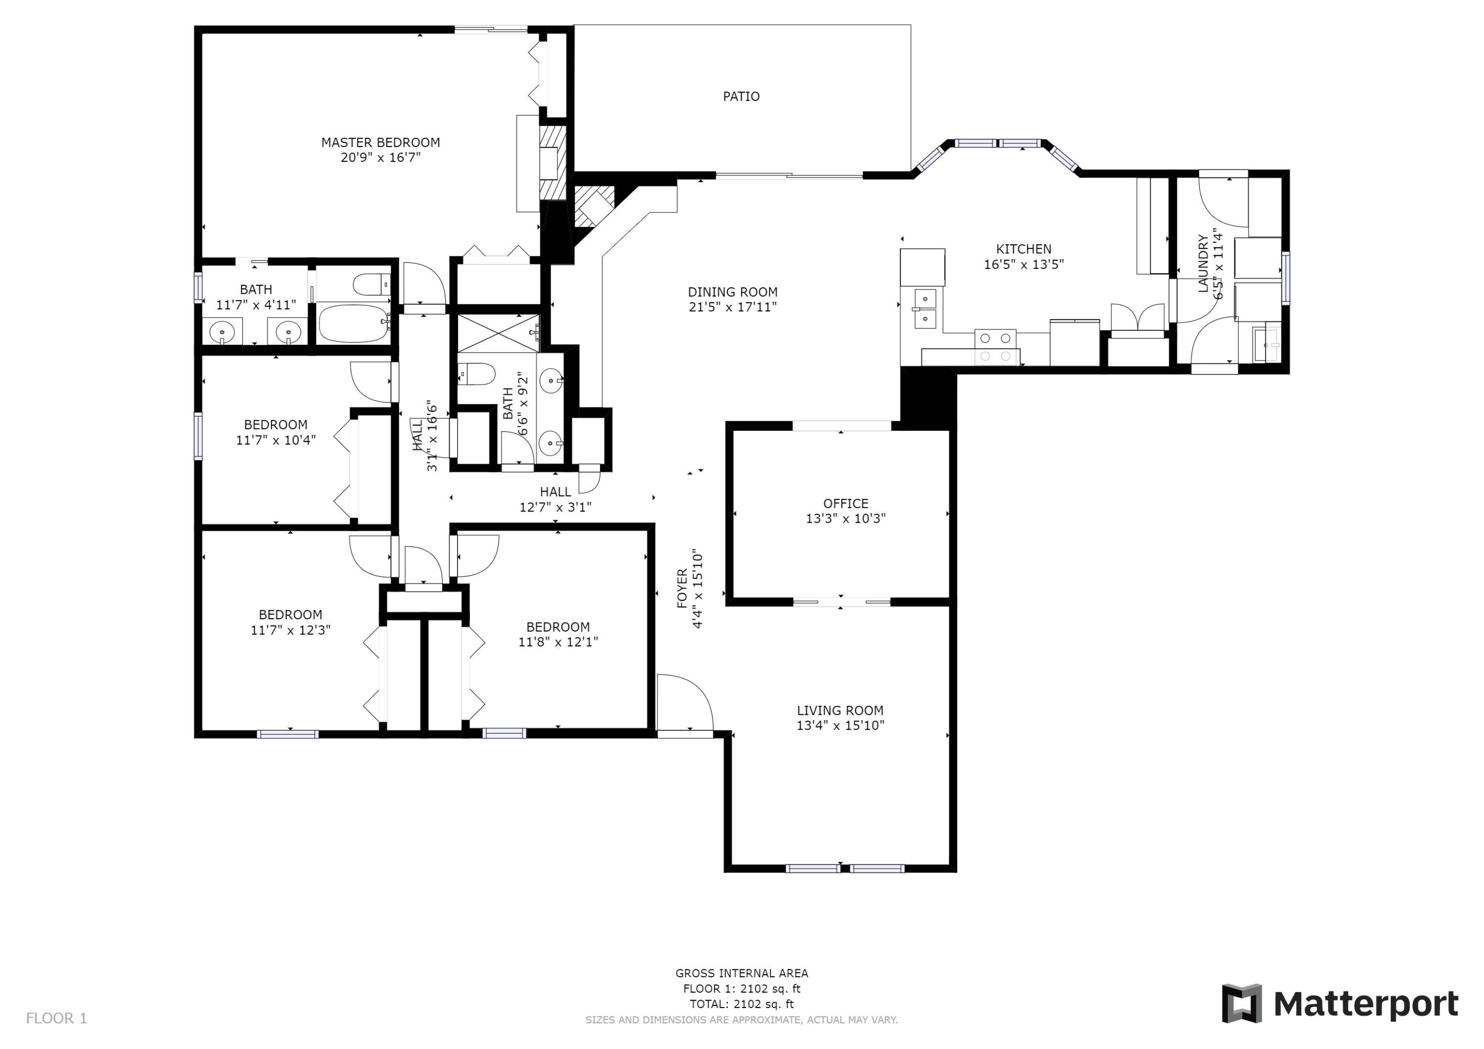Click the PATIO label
tap(741, 96)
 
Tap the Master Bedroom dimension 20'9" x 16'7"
tap(381, 158)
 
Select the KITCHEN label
tap(1023, 249)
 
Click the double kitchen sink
tap(925, 308)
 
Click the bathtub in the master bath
tap(354, 323)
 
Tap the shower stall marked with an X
tap(498, 333)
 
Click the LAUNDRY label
tap(1203, 264)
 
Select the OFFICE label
tap(845, 503)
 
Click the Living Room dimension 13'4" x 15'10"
tap(839, 725)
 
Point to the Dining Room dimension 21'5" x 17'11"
tap(732, 307)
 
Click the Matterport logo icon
tap(1241, 1003)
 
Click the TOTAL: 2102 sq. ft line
tap(742, 1004)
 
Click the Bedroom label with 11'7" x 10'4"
tap(276, 425)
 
